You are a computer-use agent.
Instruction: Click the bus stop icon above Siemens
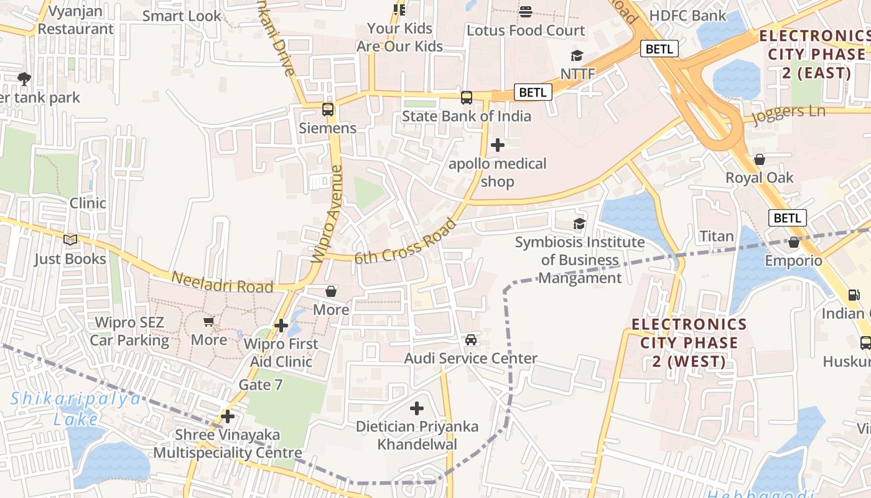328,110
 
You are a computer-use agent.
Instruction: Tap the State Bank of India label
466,116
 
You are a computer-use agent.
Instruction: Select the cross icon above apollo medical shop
497,145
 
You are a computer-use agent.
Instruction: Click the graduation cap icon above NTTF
577,56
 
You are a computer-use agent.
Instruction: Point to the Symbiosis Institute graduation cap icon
579,223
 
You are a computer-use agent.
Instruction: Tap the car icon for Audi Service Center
471,340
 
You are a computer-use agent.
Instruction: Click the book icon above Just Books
70,240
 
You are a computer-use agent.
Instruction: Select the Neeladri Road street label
222,282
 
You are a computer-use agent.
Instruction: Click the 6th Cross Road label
405,241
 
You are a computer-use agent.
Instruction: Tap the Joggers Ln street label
788,114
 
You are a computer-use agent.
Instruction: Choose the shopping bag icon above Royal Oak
759,159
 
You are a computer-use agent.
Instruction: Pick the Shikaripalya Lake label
76,408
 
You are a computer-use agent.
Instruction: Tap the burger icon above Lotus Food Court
526,12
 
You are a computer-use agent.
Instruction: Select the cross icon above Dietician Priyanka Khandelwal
417,408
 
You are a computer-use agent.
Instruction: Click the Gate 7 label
261,385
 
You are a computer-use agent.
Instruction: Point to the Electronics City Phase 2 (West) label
689,342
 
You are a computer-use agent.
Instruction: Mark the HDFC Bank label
687,16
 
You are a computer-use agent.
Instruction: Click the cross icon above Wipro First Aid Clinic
281,325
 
